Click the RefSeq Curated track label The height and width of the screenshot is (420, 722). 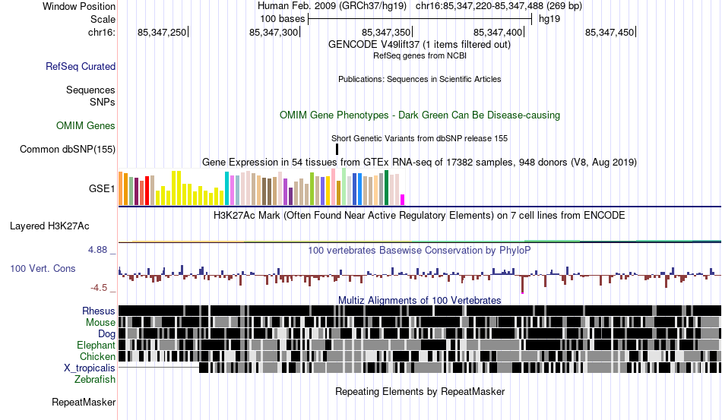point(81,67)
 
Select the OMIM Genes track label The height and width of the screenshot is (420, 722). point(86,126)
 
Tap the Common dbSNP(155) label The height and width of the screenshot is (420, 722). point(68,149)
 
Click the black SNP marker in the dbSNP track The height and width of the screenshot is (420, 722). point(337,149)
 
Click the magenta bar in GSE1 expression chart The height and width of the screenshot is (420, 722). point(403,199)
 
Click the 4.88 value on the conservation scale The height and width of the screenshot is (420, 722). point(100,249)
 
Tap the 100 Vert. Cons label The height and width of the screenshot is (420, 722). point(43,269)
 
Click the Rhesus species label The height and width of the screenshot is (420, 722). point(99,311)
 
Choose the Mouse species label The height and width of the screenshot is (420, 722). point(101,323)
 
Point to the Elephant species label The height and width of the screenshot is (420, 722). point(96,346)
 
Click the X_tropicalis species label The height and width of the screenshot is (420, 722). point(90,368)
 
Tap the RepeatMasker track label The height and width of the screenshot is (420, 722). point(84,403)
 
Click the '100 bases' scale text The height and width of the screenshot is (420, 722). point(281,18)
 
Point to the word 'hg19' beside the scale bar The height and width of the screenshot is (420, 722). point(549,18)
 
